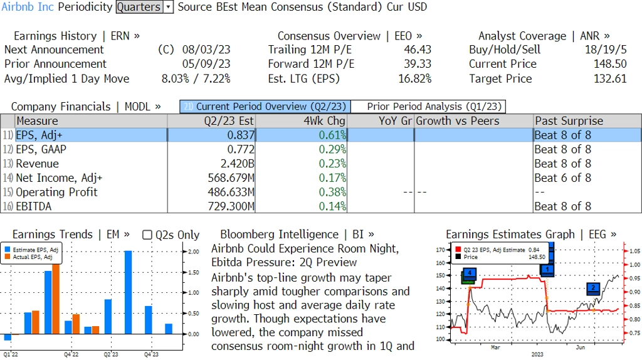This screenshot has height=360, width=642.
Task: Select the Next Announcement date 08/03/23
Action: click(206, 50)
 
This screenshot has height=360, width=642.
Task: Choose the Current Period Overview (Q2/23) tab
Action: click(265, 107)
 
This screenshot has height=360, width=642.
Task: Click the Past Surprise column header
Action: click(569, 121)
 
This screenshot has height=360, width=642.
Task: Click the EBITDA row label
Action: click(34, 206)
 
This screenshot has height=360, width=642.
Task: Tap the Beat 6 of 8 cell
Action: click(562, 178)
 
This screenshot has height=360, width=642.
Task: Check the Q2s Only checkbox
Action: click(147, 235)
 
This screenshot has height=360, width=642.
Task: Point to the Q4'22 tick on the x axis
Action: click(71, 354)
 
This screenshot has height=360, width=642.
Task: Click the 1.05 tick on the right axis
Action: click(633, 251)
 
